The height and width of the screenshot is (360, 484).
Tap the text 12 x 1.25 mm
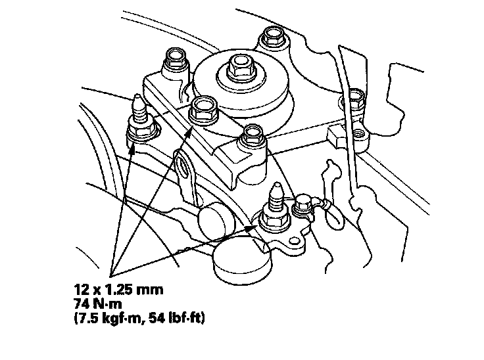pyautogui.click(x=119, y=290)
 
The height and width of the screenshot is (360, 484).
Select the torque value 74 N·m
pyautogui.click(x=98, y=304)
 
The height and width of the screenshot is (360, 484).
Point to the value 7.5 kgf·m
pyautogui.click(x=108, y=318)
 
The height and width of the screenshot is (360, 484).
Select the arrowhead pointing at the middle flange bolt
pyautogui.click(x=189, y=133)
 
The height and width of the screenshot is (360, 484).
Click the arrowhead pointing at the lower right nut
pyautogui.click(x=253, y=228)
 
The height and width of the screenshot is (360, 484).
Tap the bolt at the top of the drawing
pyautogui.click(x=273, y=36)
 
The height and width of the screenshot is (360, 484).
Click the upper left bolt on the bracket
pyautogui.click(x=176, y=59)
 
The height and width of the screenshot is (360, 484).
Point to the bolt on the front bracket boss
pyautogui.click(x=253, y=135)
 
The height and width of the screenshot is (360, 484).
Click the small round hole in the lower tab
pyautogui.click(x=295, y=240)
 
